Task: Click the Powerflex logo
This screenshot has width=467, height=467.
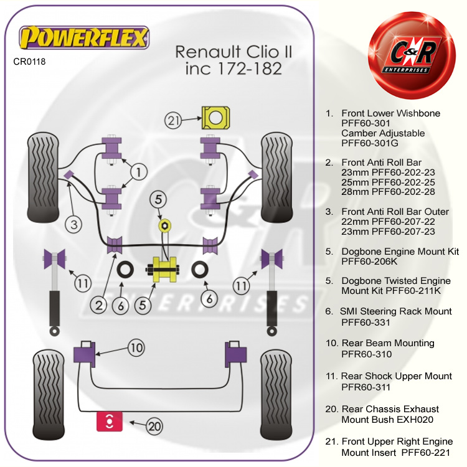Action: pos(85,38)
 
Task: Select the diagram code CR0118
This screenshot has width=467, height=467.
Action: pos(29,62)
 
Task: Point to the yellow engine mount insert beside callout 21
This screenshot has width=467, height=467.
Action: pos(215,116)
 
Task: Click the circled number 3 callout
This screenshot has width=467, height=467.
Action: pos(74,225)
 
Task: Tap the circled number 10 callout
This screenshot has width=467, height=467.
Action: pos(137,347)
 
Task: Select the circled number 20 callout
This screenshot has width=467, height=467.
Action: pos(155,427)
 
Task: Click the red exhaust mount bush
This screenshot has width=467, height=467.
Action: pos(109,422)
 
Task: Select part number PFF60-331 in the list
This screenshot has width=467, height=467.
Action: pos(366,323)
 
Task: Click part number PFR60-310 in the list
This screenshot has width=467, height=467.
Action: pos(366,354)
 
